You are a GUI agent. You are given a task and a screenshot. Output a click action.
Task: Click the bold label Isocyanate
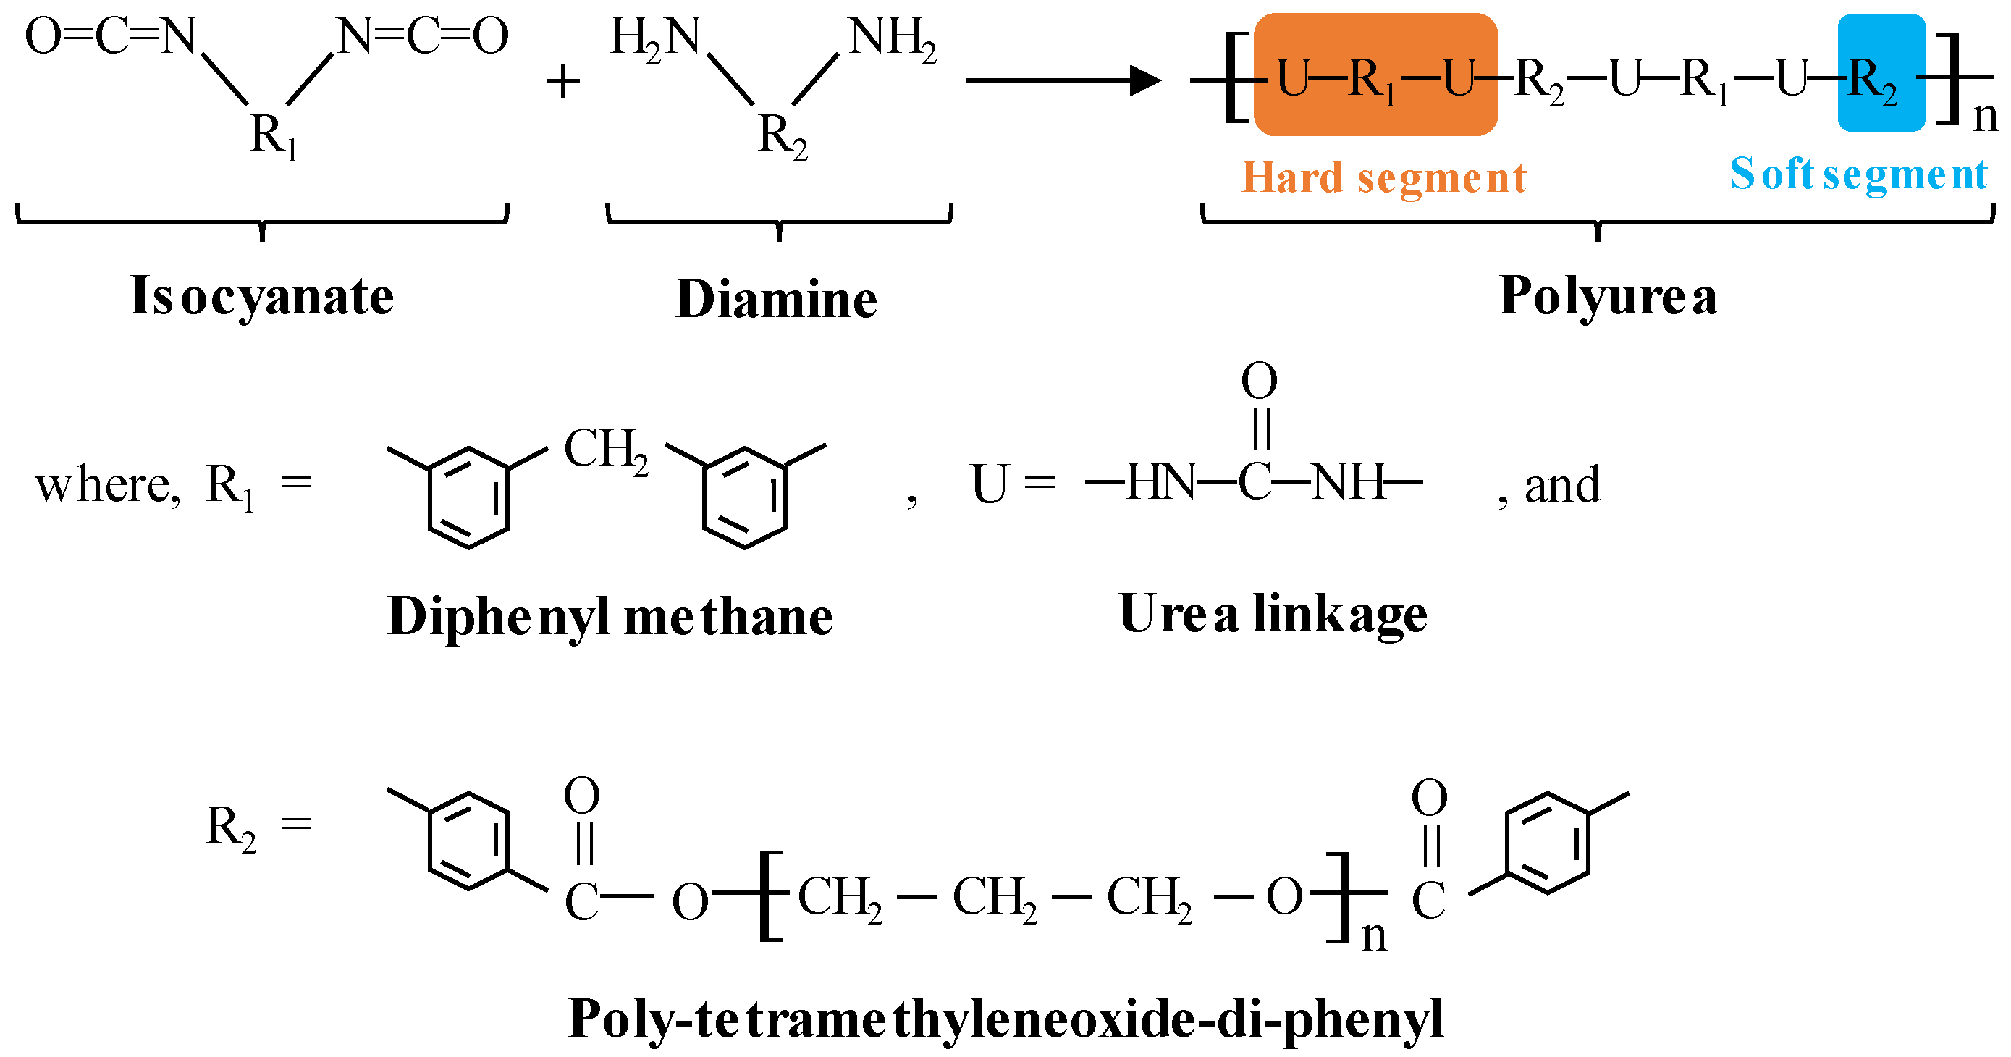pos(261,297)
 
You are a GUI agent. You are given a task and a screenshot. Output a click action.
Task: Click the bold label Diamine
pos(776,299)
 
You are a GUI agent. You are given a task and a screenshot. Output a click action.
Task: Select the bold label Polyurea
pos(1609,297)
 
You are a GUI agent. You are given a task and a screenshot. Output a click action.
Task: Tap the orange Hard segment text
pos(1383,178)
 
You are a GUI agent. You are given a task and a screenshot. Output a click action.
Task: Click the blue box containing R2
pos(1881,72)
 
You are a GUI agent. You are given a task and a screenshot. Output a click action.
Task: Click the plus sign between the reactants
pos(563,82)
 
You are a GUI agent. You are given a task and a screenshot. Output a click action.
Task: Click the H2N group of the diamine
pos(654,38)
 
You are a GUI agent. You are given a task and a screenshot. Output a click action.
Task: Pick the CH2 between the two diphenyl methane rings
pos(606,451)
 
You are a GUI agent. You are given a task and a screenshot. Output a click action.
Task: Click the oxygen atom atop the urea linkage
pos(1259,380)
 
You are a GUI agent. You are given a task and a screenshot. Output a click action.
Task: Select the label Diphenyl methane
pos(610,617)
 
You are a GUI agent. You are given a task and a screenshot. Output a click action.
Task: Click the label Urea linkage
pos(1273,614)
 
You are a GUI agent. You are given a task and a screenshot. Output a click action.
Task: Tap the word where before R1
pos(108,486)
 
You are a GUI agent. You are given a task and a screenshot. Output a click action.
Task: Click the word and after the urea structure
pos(1562,486)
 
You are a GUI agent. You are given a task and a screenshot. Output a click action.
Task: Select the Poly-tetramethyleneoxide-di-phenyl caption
pos(1005,1019)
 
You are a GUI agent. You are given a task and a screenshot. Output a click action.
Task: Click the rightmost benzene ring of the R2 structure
pos(1547,843)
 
